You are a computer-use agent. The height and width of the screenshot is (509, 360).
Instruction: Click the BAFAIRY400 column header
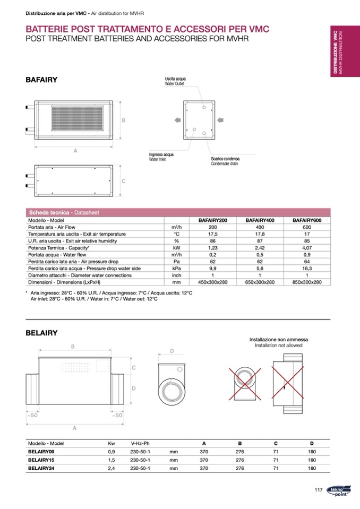[x=260, y=220]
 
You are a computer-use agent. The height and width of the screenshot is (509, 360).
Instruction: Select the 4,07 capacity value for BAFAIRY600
[x=307, y=248]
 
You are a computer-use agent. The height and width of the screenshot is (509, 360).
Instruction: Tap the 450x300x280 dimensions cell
[x=212, y=282]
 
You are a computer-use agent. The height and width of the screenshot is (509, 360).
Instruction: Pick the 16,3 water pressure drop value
[x=307, y=269]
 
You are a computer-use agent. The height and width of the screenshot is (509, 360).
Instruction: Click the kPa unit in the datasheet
[x=177, y=269]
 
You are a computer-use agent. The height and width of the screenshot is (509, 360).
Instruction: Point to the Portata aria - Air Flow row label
[x=52, y=227]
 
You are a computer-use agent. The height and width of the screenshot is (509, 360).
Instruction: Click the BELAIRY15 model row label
[x=41, y=460]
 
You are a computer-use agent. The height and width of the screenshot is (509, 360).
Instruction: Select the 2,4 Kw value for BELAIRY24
[x=112, y=468]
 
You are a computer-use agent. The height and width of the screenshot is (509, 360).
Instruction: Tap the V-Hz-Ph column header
[x=140, y=443]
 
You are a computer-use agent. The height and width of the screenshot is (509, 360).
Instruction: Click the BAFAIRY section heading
[x=41, y=80]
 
